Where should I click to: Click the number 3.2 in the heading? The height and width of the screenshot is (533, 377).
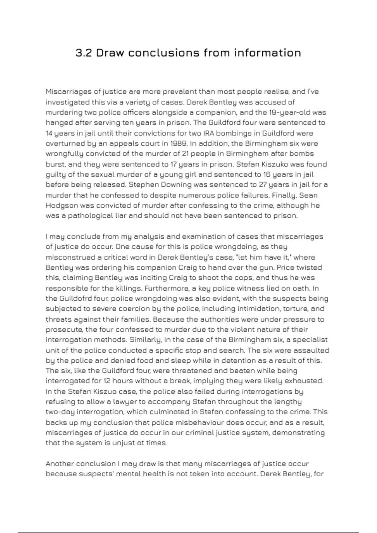tap(84, 53)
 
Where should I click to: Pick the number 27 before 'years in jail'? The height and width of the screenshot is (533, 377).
tap(263, 184)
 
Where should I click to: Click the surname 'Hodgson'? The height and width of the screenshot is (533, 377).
tap(62, 205)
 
